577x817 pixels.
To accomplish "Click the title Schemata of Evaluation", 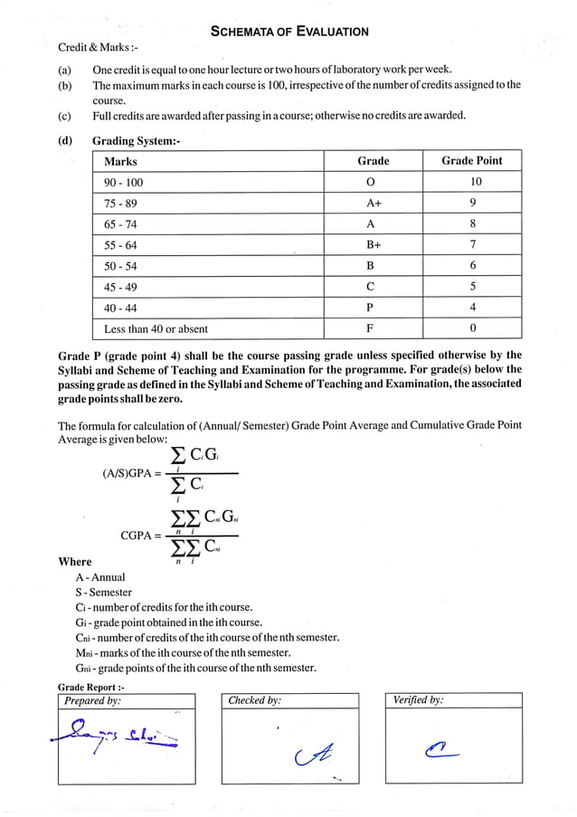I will tap(288, 32).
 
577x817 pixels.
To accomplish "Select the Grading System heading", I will tap(137, 141).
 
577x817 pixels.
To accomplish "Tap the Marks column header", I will tap(121, 161).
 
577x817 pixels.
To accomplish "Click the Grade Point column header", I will tap(471, 161).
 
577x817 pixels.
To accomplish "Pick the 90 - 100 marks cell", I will tap(124, 182).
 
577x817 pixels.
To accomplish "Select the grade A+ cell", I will tap(373, 204).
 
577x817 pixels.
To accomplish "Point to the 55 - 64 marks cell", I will tap(121, 245).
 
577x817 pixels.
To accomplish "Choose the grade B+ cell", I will tap(373, 245).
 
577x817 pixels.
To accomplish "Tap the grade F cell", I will tap(373, 329).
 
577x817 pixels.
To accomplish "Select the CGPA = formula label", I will tap(141, 536).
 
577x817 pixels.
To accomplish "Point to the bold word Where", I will tap(75, 562).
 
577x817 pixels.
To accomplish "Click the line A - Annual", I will tap(100, 577).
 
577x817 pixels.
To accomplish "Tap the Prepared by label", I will tap(92, 700).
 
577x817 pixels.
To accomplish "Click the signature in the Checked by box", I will tap(307, 753).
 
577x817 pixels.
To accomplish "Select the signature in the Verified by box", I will tap(440, 747).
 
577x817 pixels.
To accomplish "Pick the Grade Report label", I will tap(90, 688).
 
